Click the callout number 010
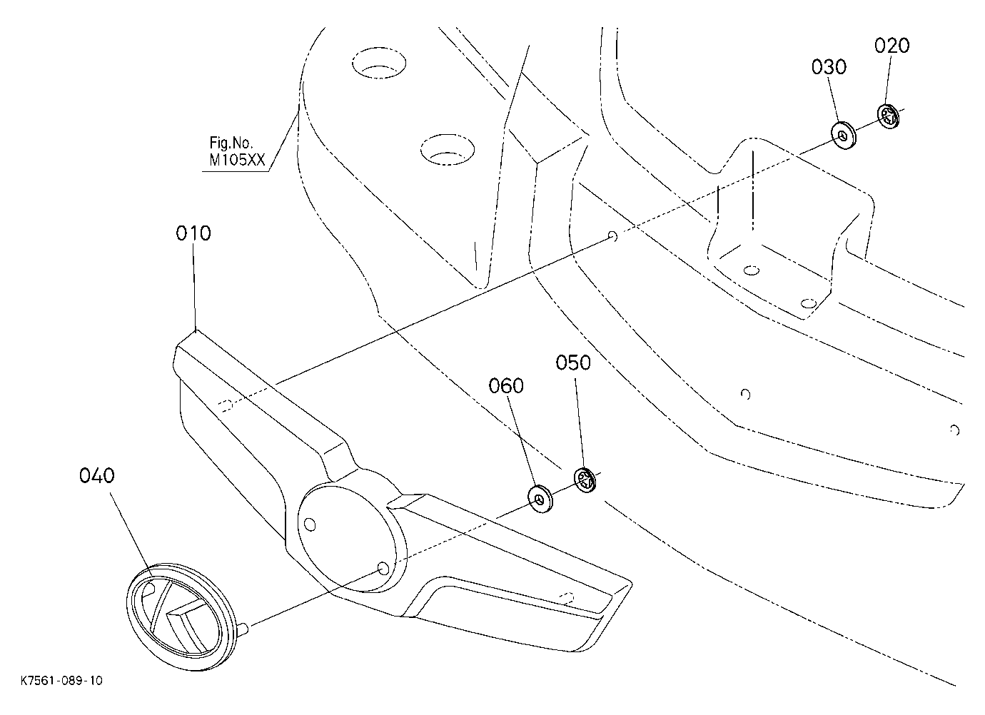pyautogui.click(x=193, y=233)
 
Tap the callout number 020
pyautogui.click(x=891, y=46)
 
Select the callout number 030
pyautogui.click(x=829, y=67)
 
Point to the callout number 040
pyautogui.click(x=97, y=476)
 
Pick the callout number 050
pyautogui.click(x=573, y=362)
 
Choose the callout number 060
pyautogui.click(x=506, y=386)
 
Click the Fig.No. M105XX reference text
pyautogui.click(x=237, y=151)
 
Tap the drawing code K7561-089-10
pyautogui.click(x=61, y=681)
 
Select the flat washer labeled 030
pyautogui.click(x=843, y=136)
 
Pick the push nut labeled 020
pyautogui.click(x=889, y=117)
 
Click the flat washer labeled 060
pyautogui.click(x=540, y=499)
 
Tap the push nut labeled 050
pyautogui.click(x=585, y=480)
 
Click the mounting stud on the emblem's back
pyautogui.click(x=244, y=629)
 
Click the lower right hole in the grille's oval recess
pyautogui.click(x=383, y=569)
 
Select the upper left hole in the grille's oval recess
pyautogui.click(x=310, y=524)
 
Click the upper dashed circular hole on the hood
pyautogui.click(x=378, y=63)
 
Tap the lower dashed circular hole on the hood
pyautogui.click(x=448, y=150)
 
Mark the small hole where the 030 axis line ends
pyautogui.click(x=612, y=237)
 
